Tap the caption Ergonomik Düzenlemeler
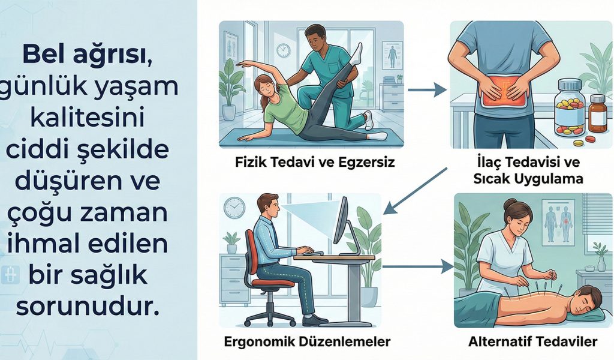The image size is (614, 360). tap(306, 342)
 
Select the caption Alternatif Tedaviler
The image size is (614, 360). tap(531, 342)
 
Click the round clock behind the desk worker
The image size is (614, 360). tap(234, 208)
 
